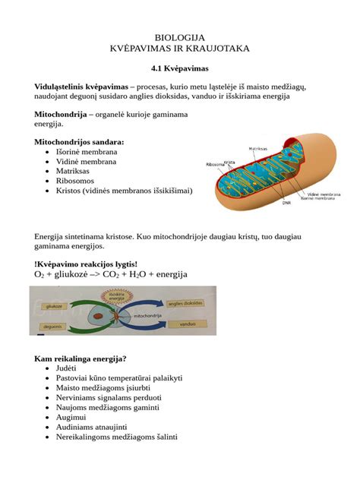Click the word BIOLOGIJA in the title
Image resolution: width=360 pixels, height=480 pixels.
(x=179, y=36)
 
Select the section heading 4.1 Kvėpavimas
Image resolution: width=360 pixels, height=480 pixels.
(x=179, y=69)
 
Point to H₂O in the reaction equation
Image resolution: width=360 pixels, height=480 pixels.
(x=141, y=274)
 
